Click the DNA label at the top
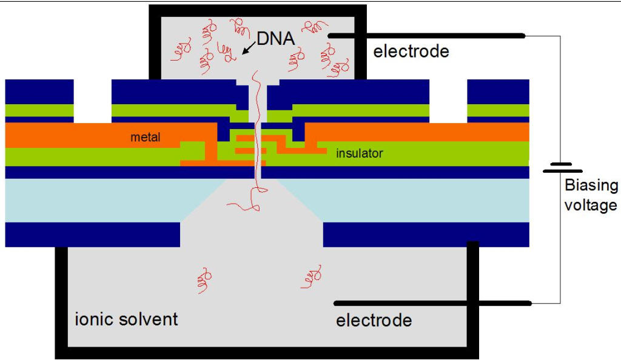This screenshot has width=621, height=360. pyautogui.click(x=276, y=38)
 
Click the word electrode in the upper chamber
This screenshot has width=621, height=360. pyautogui.click(x=411, y=52)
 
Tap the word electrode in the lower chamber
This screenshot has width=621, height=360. pyautogui.click(x=374, y=320)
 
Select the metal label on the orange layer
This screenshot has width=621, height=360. pyautogui.click(x=146, y=138)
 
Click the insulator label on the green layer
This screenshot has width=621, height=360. pyautogui.click(x=360, y=153)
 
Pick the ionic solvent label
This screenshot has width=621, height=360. pyautogui.click(x=126, y=319)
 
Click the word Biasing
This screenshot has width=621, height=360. pyautogui.click(x=591, y=185)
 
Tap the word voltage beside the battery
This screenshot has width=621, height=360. pyautogui.click(x=591, y=205)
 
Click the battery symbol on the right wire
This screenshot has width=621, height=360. pyautogui.click(x=562, y=167)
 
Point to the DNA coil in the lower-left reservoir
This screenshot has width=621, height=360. pyautogui.click(x=204, y=279)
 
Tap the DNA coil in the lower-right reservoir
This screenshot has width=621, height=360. pyautogui.click(x=311, y=277)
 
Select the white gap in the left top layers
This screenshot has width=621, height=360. pyautogui.click(x=93, y=101)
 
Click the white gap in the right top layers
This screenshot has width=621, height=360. pyautogui.click(x=448, y=101)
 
